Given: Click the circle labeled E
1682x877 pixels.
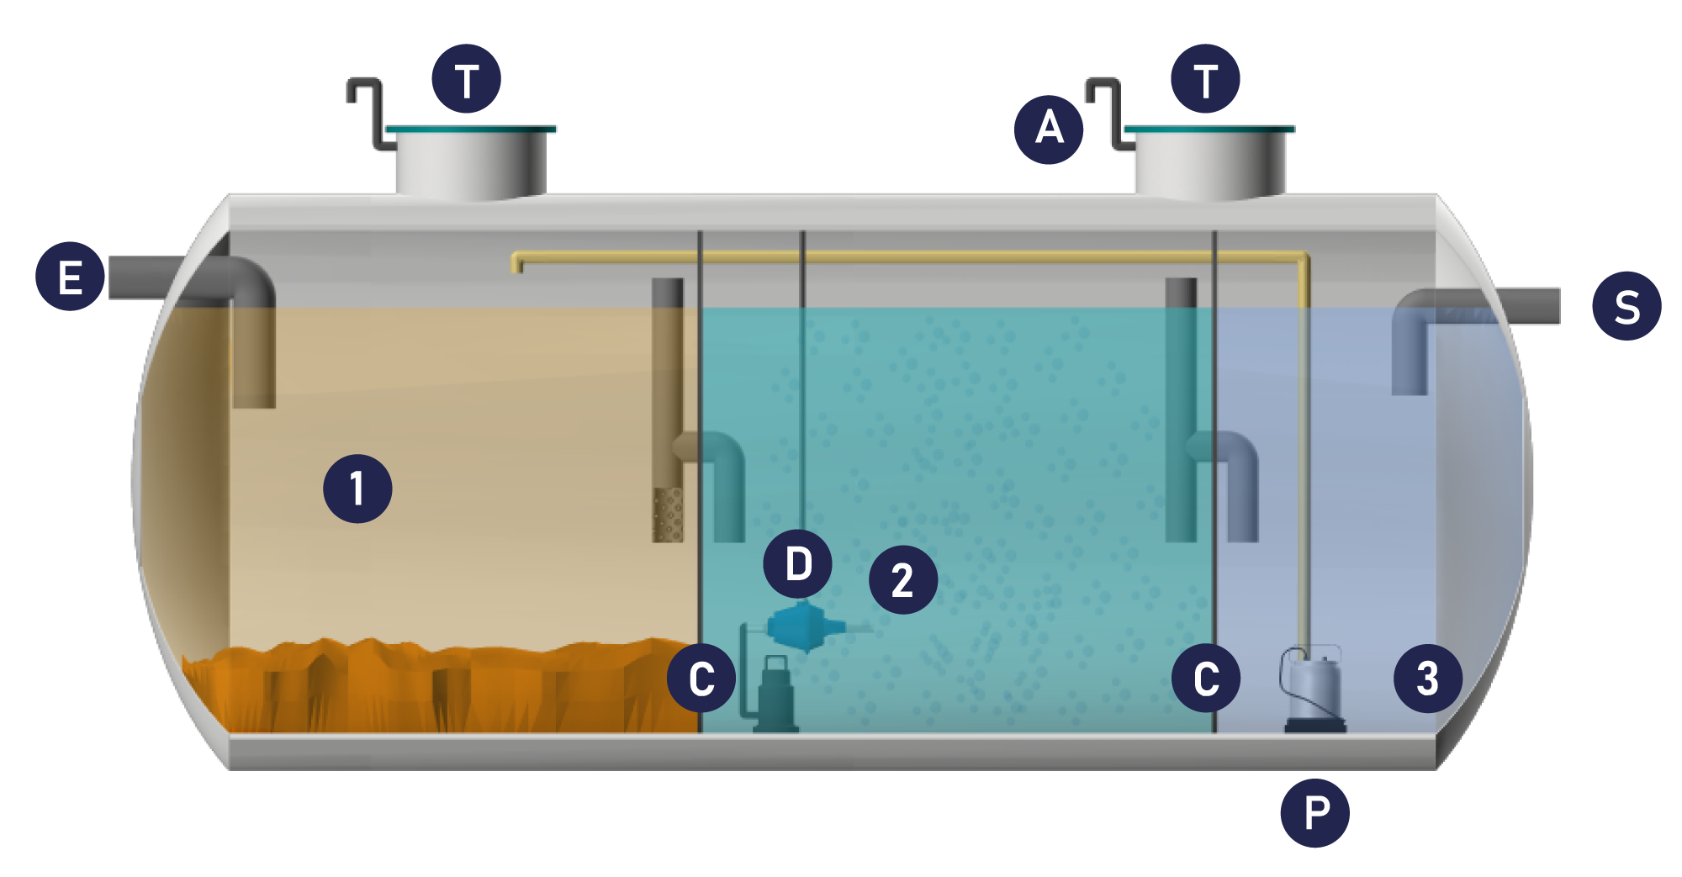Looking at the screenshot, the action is coord(70,277).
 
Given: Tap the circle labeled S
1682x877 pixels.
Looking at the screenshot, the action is coord(1626,306).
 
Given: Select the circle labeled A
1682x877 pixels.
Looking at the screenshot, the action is coord(1049,129).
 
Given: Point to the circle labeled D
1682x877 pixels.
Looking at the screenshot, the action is coord(798,563).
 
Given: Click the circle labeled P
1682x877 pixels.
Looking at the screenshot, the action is coord(1315,813).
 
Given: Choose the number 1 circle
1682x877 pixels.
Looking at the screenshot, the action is coord(357,489).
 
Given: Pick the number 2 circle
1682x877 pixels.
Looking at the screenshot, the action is coord(903,579).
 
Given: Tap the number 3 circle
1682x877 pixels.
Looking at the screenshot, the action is coord(1428,679).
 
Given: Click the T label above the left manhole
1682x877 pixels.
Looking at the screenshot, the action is coord(467,79).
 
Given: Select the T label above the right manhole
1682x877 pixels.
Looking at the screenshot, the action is coord(1206,79).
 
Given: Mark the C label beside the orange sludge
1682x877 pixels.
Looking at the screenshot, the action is coord(701,678).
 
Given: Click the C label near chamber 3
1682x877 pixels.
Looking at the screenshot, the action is coord(1206,678).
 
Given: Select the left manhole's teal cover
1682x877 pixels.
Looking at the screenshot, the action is coord(471,129).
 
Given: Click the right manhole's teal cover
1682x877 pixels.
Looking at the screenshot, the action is coord(1209,129).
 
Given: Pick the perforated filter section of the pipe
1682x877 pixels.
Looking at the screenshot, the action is coord(669,515).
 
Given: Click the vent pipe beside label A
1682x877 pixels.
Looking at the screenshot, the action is coord(1109,114).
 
